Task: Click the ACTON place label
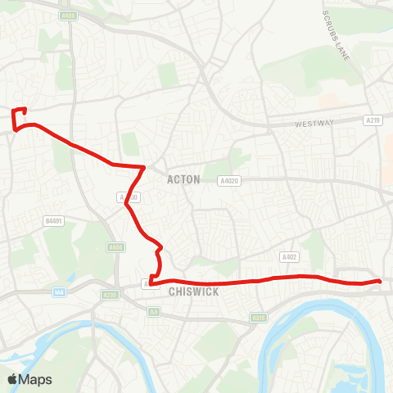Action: [183, 179]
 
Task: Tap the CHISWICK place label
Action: [193, 291]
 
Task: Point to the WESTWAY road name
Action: [314, 124]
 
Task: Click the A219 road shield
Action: [373, 120]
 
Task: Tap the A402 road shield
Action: [289, 256]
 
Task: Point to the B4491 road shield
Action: [55, 220]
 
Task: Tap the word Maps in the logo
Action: [35, 380]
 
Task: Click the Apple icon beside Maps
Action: [12, 379]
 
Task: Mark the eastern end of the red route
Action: [380, 282]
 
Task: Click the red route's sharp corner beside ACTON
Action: [144, 167]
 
